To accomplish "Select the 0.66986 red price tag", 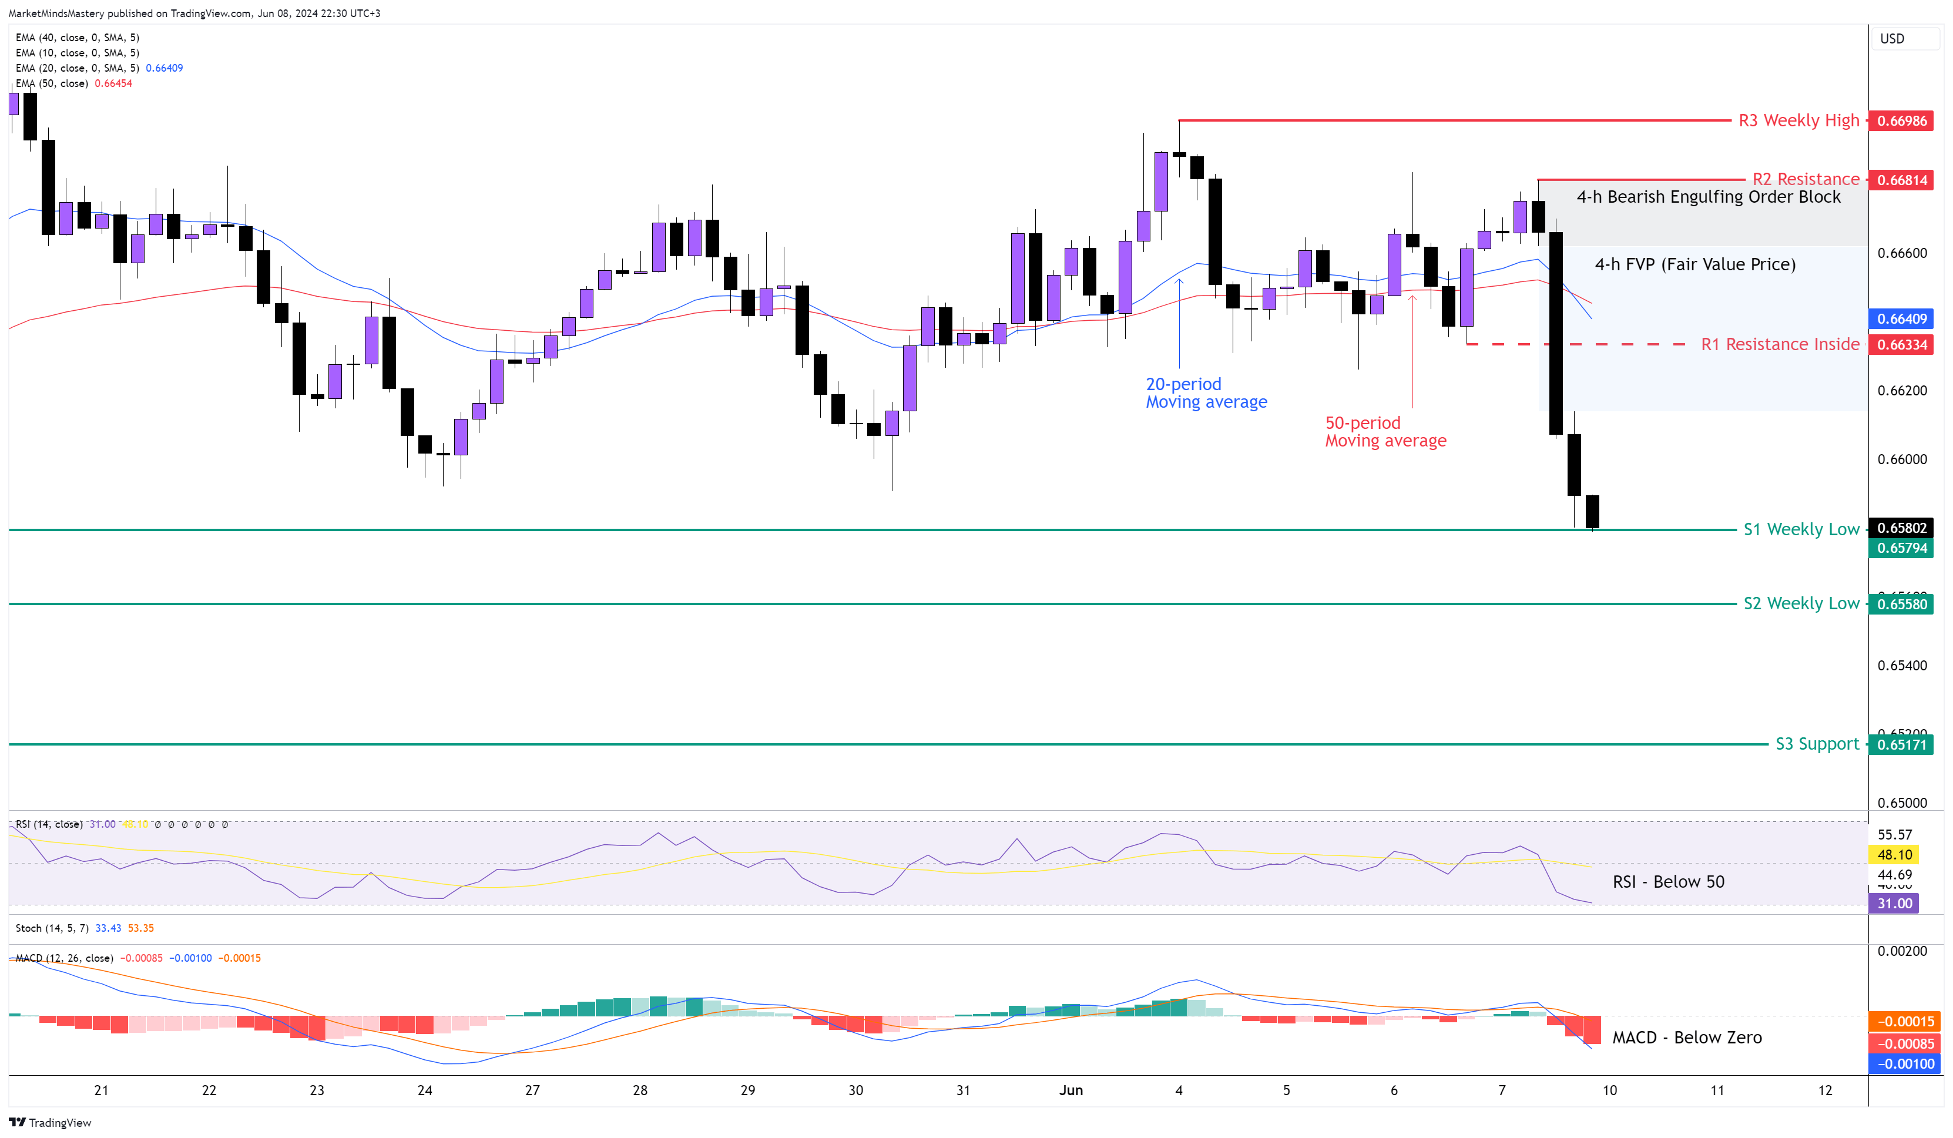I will tap(1901, 121).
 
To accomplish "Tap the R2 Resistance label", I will tap(1805, 179).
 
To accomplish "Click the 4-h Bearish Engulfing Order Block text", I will tap(1708, 197).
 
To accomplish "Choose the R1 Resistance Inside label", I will tap(1780, 344).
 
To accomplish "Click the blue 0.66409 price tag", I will tap(1901, 318).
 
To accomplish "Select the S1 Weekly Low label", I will tap(1800, 529).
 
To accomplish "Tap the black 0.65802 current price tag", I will tap(1901, 528).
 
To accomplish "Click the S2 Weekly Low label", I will tap(1800, 603).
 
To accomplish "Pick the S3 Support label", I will tap(1817, 744).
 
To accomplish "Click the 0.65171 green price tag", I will tap(1901, 745).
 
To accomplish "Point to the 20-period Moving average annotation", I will tap(1206, 393).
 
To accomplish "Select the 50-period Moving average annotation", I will tap(1385, 432).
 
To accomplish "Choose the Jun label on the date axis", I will tap(1071, 1090).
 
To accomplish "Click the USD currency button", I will tap(1892, 39).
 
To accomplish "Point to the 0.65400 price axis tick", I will tap(1901, 665).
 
